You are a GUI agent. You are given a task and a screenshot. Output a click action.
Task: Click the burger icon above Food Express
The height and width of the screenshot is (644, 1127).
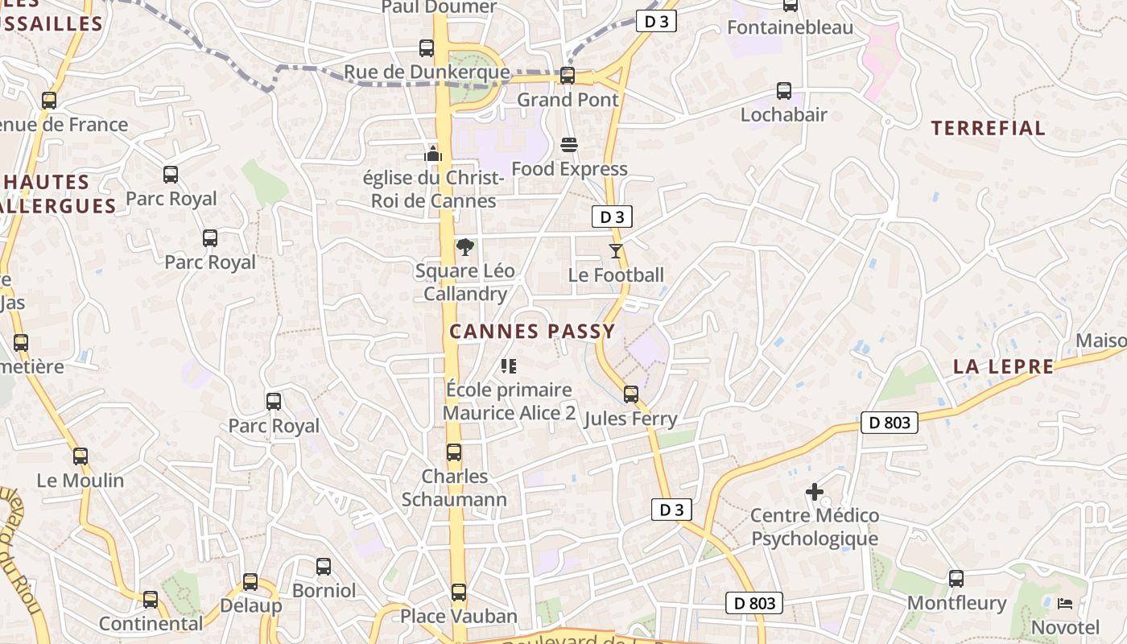point(569,145)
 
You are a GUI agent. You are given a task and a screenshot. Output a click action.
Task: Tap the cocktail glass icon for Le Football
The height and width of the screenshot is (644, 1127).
point(616,251)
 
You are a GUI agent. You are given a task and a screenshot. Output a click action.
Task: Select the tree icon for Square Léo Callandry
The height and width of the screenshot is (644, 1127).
point(464,247)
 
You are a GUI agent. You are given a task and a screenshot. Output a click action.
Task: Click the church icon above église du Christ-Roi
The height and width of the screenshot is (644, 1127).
point(433,153)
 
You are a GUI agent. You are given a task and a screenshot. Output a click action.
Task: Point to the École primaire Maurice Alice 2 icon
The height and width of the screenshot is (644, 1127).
point(509,366)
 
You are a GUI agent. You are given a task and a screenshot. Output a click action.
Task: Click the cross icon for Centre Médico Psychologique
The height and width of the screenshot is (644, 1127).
point(815,491)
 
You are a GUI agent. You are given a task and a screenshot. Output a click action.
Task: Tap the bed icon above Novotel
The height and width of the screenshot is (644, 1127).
point(1065,603)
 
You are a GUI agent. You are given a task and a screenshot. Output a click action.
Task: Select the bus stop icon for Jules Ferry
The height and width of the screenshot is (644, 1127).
point(631,394)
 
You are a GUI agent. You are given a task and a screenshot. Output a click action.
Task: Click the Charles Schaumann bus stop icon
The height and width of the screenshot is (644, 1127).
point(454,452)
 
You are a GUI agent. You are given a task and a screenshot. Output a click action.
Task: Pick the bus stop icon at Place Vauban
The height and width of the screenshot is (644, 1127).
point(459,592)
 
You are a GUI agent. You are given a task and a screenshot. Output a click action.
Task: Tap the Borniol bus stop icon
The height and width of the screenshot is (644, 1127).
point(324,567)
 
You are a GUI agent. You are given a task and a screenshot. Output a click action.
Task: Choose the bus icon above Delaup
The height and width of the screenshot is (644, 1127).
point(250,581)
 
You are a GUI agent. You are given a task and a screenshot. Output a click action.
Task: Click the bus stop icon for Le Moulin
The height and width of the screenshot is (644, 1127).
point(80,456)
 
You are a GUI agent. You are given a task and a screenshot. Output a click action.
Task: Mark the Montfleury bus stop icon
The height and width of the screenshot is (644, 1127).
point(956,579)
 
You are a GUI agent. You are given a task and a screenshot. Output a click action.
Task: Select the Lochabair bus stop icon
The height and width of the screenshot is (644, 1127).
point(784,91)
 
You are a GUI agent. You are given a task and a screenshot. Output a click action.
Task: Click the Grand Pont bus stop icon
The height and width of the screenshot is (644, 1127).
point(568,76)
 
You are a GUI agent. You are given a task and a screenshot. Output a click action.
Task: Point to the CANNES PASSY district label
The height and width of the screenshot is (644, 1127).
point(532,331)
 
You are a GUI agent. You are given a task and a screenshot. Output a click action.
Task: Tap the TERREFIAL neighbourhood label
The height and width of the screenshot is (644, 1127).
point(989,128)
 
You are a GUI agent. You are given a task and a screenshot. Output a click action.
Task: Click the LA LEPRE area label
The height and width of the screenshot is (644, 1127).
point(1003,366)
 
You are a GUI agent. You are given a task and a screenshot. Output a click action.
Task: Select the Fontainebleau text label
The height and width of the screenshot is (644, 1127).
point(790,27)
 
